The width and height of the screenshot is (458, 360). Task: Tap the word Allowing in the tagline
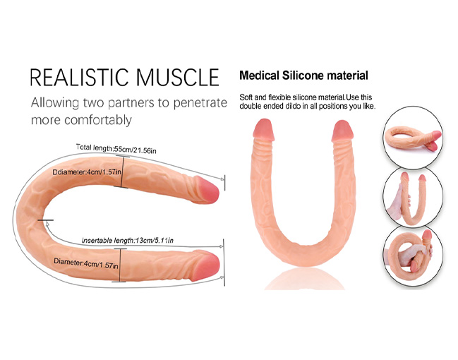tap(54, 103)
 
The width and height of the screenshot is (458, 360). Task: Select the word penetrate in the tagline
tap(200, 103)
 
